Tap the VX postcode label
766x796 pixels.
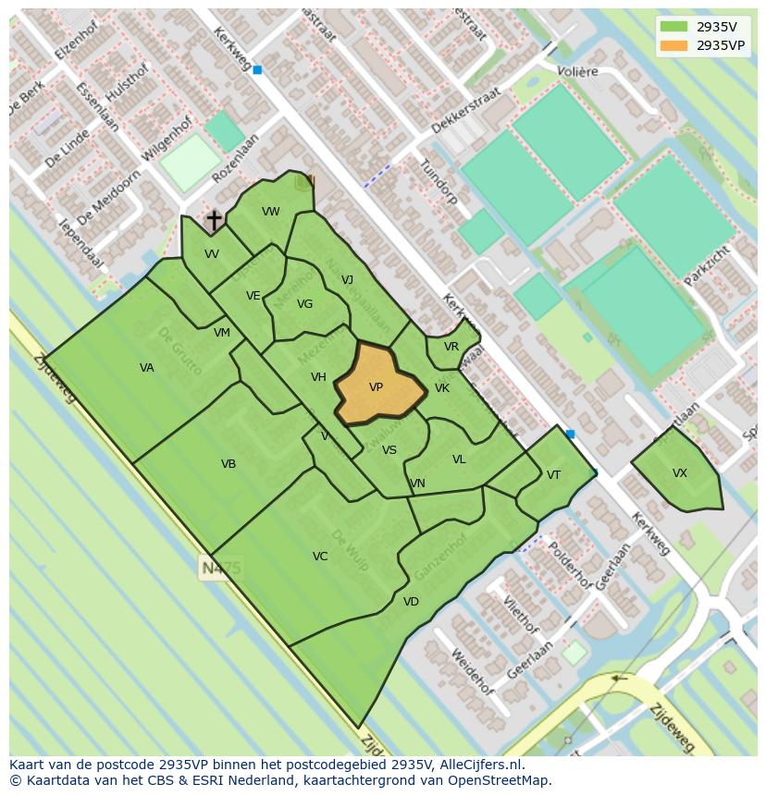680,473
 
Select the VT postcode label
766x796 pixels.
553,475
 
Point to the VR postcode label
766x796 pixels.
451,347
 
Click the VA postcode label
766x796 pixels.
147,368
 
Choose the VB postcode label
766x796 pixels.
229,464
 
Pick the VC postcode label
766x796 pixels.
320,557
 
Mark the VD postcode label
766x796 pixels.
411,602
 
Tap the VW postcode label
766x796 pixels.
271,212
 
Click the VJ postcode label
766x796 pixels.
347,280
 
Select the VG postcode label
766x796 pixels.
304,304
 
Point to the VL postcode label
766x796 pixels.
459,459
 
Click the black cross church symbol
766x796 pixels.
214,220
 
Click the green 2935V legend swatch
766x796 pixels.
674,27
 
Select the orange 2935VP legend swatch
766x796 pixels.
674,45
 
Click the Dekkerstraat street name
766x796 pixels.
466,111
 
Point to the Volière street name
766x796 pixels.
577,71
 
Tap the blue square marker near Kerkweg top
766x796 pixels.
257,69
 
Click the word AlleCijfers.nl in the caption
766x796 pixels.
482,765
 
